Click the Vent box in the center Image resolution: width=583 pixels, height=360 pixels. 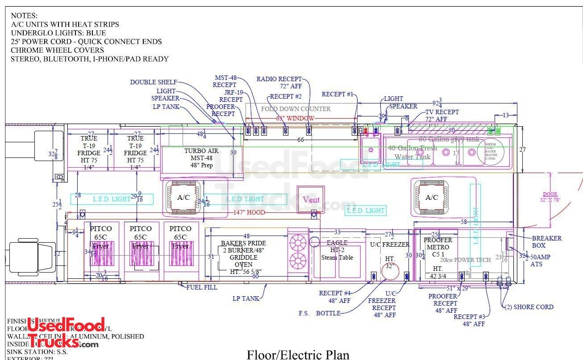click(311, 199)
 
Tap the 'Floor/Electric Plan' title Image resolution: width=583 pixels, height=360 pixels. click(298, 354)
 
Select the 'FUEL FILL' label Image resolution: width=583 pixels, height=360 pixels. click(202, 287)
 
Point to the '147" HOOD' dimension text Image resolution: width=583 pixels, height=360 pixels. click(249, 213)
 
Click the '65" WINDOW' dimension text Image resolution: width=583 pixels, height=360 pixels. click(295, 118)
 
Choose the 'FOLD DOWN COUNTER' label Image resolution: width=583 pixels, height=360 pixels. click(296, 109)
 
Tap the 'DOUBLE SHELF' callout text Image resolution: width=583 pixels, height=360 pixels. click(154, 82)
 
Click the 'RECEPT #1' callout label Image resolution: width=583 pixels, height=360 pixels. click(337, 94)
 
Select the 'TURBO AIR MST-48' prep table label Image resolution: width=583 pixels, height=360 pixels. click(201, 158)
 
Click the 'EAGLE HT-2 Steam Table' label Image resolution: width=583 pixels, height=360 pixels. click(337, 250)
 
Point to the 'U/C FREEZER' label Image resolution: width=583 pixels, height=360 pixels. click(390, 244)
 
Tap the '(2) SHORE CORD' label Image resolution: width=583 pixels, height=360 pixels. click(529, 307)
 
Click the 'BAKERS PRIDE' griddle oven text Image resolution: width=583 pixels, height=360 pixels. click(243, 243)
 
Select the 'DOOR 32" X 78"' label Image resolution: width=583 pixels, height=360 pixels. click(550, 197)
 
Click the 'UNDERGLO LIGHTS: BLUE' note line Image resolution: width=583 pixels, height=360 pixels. click(58, 33)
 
